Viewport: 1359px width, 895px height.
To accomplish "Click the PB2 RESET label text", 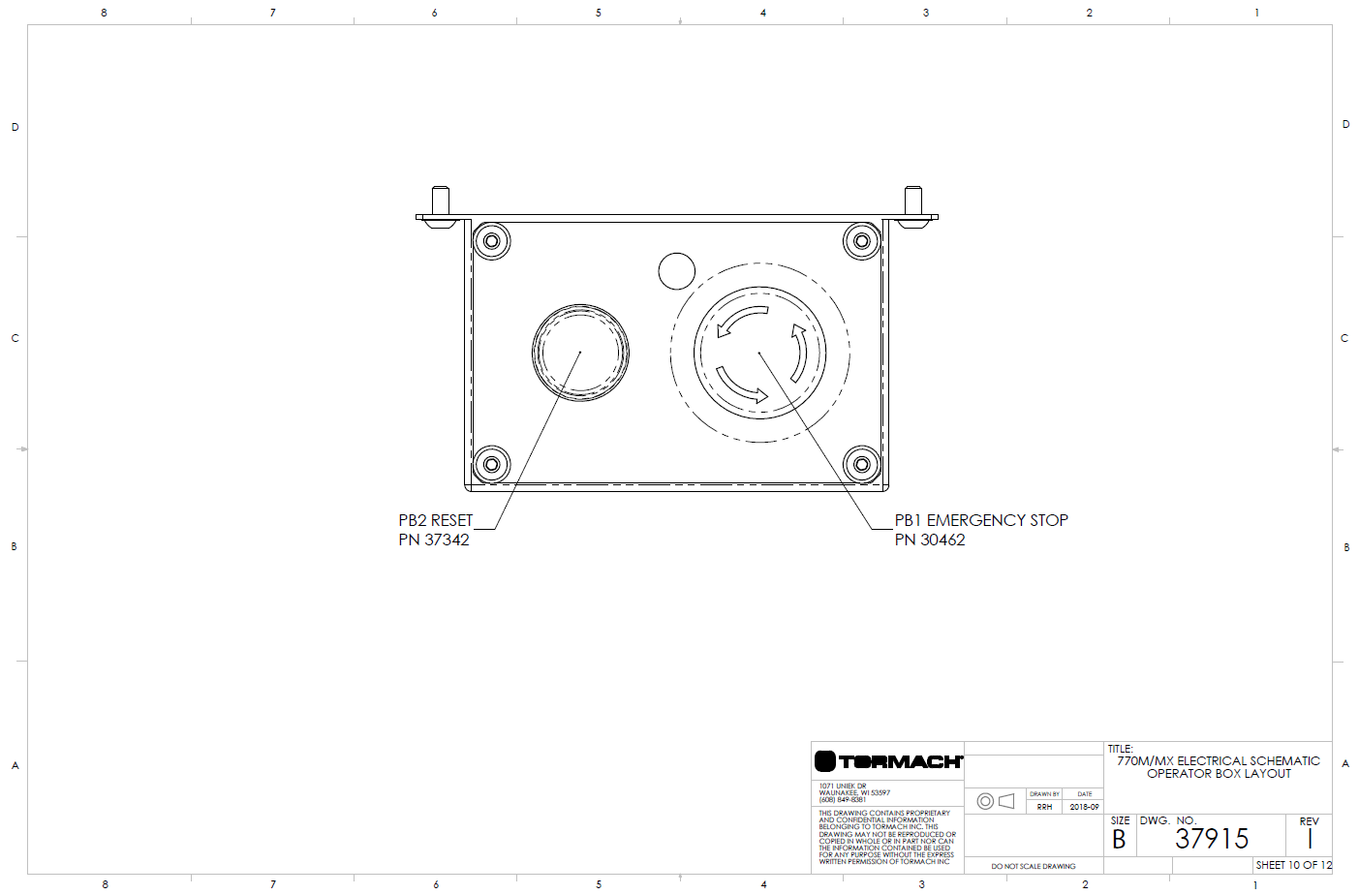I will click(x=435, y=520).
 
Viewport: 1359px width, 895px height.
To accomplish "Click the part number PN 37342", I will click(x=433, y=540).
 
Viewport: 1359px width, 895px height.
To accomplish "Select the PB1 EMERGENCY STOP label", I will click(x=980, y=520).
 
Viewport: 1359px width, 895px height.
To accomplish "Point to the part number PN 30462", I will click(x=929, y=540).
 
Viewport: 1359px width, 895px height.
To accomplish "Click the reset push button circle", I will click(x=580, y=352).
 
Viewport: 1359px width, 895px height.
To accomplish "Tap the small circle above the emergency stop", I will click(x=676, y=271).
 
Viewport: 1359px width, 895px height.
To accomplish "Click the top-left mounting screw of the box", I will click(x=491, y=240).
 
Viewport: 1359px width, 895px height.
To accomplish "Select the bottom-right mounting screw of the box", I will click(x=860, y=464).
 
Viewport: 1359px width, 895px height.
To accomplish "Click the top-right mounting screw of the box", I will click(x=860, y=240).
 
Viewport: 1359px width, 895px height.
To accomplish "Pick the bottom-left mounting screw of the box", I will click(x=491, y=464).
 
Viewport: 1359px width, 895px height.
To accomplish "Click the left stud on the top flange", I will click(x=440, y=201).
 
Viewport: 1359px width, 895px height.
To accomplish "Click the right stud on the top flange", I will click(x=912, y=201).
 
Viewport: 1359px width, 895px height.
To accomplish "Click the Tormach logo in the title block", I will click(x=887, y=761).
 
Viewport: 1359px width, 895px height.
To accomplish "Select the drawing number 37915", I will click(x=1212, y=839).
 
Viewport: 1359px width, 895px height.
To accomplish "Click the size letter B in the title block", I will click(x=1119, y=840).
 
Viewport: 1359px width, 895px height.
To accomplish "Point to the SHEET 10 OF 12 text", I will click(x=1293, y=865).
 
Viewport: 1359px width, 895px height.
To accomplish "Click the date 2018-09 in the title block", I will click(x=1084, y=807).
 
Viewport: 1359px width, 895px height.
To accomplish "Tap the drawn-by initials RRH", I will click(x=1044, y=807).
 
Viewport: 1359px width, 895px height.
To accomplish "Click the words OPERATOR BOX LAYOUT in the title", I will click(x=1219, y=774).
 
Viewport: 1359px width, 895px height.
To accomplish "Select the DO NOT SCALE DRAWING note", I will click(x=1033, y=866).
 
